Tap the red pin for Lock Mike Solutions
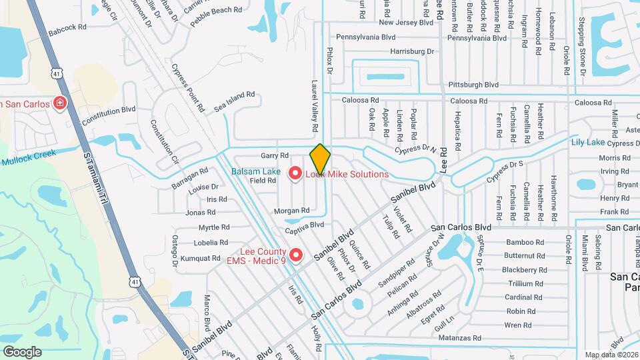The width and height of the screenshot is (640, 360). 295,174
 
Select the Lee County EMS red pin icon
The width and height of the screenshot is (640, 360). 297,255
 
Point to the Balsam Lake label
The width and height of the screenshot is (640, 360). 255,171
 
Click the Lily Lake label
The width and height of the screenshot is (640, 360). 587,142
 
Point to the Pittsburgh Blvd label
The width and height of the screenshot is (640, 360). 473,85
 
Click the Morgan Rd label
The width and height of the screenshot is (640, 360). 291,211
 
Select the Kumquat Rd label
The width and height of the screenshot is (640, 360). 200,258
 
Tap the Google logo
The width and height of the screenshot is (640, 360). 22,351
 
